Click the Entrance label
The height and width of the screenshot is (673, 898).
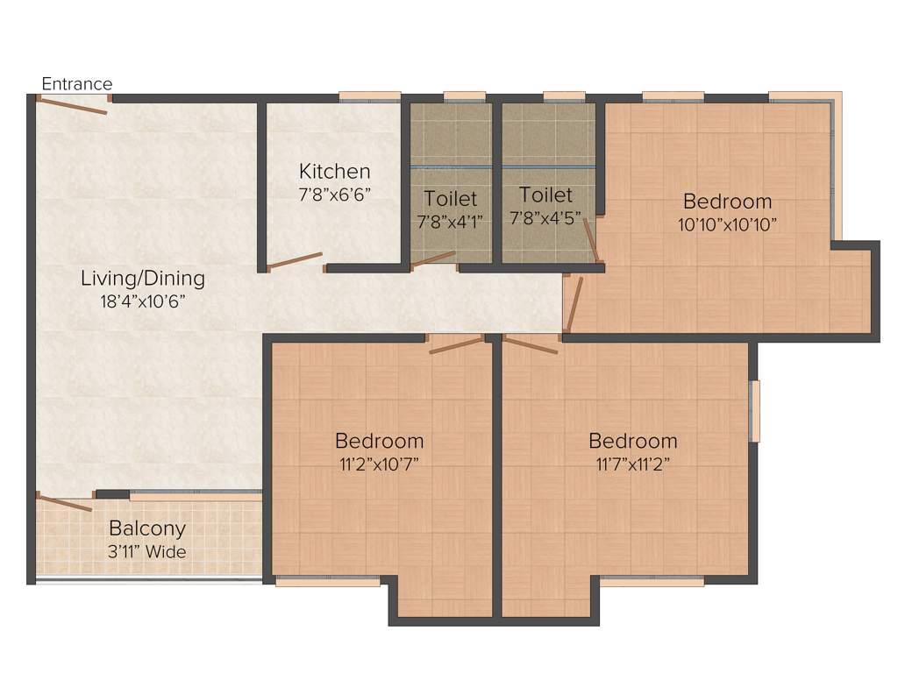(x=77, y=84)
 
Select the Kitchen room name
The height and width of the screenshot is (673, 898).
(x=334, y=171)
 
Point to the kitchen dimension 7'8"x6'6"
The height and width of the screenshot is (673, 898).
(x=334, y=194)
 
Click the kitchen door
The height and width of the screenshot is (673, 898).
(x=296, y=261)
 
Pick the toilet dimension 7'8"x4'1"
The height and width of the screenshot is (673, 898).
(x=451, y=220)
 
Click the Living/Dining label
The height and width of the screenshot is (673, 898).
(x=142, y=279)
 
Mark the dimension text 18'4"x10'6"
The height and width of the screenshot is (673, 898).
(x=142, y=301)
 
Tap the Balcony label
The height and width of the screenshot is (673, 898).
(x=147, y=528)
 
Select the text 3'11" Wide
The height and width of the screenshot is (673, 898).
(x=147, y=551)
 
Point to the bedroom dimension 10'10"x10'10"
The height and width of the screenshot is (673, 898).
(x=727, y=223)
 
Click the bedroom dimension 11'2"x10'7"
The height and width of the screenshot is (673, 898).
(x=379, y=464)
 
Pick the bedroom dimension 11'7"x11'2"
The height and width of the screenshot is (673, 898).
(x=632, y=464)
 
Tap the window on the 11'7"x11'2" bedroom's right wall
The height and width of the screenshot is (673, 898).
(x=754, y=411)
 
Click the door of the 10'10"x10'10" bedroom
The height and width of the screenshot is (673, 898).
(x=574, y=303)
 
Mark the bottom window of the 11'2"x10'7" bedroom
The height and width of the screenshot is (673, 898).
(x=327, y=580)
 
